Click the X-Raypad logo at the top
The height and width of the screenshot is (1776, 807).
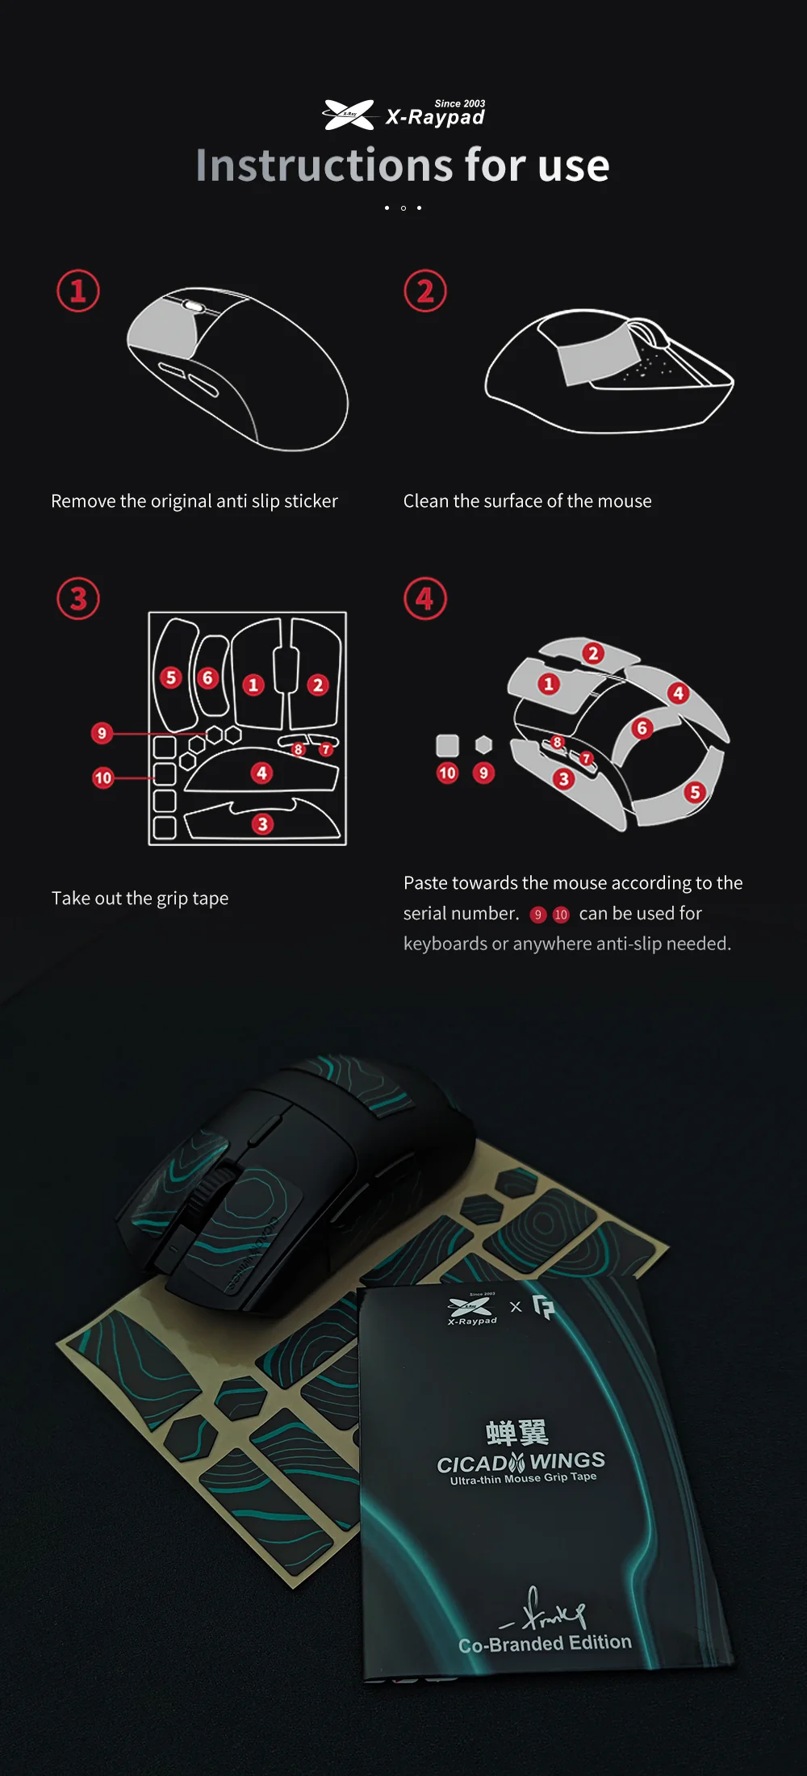pos(403,115)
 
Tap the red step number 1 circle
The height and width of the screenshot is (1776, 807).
pos(78,291)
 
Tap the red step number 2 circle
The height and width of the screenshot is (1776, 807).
pos(425,291)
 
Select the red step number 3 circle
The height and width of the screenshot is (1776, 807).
pos(78,598)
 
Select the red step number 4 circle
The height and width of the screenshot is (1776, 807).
pos(425,598)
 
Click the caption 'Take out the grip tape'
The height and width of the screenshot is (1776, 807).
pos(140,898)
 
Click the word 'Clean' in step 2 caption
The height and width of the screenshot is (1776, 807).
pos(426,501)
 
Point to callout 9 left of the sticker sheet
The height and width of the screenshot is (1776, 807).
pos(102,733)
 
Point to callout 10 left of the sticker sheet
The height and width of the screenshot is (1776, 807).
pos(102,778)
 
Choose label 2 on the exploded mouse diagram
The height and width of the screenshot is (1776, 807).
pos(593,653)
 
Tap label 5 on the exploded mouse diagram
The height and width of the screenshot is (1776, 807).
pos(695,792)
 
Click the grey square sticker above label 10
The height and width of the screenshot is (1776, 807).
pos(447,745)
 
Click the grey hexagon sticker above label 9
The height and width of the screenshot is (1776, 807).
pos(483,744)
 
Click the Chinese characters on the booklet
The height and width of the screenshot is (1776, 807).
pos(517,1432)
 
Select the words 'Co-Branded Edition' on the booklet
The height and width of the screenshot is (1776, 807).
pos(546,1644)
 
